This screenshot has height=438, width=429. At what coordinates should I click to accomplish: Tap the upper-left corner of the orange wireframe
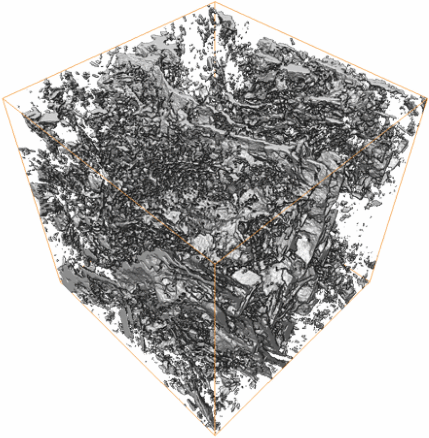coord(3,98)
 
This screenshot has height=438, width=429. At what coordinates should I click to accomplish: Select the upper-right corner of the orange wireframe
coord(426,97)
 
